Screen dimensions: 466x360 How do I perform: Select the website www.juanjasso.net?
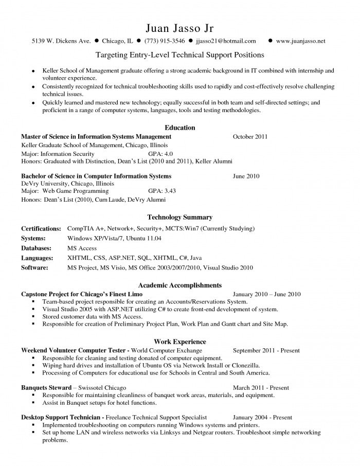click(x=300, y=41)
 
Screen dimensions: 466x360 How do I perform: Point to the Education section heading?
click(x=179, y=128)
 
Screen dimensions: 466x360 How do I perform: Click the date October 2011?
click(x=250, y=137)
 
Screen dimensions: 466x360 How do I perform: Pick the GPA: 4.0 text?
click(x=160, y=154)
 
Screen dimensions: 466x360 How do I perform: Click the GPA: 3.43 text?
click(x=162, y=191)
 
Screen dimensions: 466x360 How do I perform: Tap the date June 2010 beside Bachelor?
click(x=246, y=176)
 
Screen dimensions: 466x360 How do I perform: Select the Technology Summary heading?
click(x=179, y=218)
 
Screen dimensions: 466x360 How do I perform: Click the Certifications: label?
click(x=41, y=228)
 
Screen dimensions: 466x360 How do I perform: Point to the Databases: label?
click(x=38, y=248)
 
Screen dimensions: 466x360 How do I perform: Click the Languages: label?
click(x=37, y=258)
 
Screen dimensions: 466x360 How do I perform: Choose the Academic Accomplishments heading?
click(x=179, y=285)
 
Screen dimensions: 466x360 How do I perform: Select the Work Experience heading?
click(x=179, y=342)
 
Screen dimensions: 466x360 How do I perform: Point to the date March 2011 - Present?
click(x=261, y=388)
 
